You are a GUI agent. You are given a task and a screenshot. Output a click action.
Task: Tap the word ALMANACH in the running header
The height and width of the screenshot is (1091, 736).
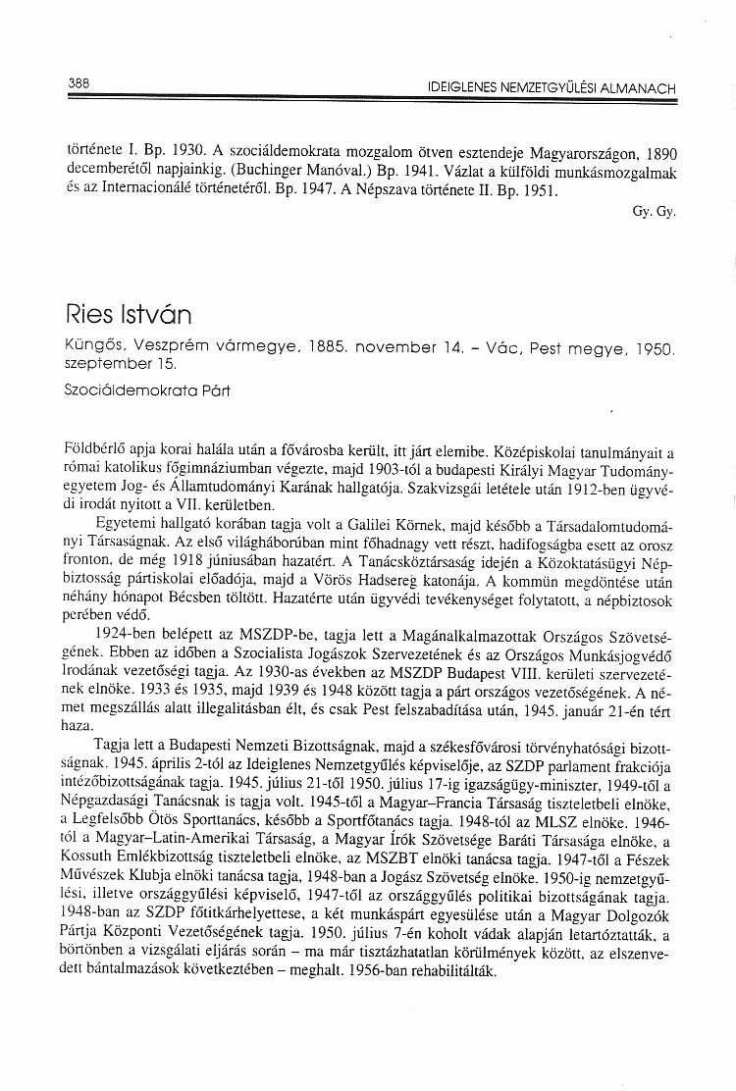pos(638,88)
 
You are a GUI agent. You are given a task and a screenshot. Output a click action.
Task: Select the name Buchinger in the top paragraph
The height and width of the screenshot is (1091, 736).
pos(210,175)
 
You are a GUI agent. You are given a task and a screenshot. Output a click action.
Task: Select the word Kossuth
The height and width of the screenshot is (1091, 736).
pos(90,874)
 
